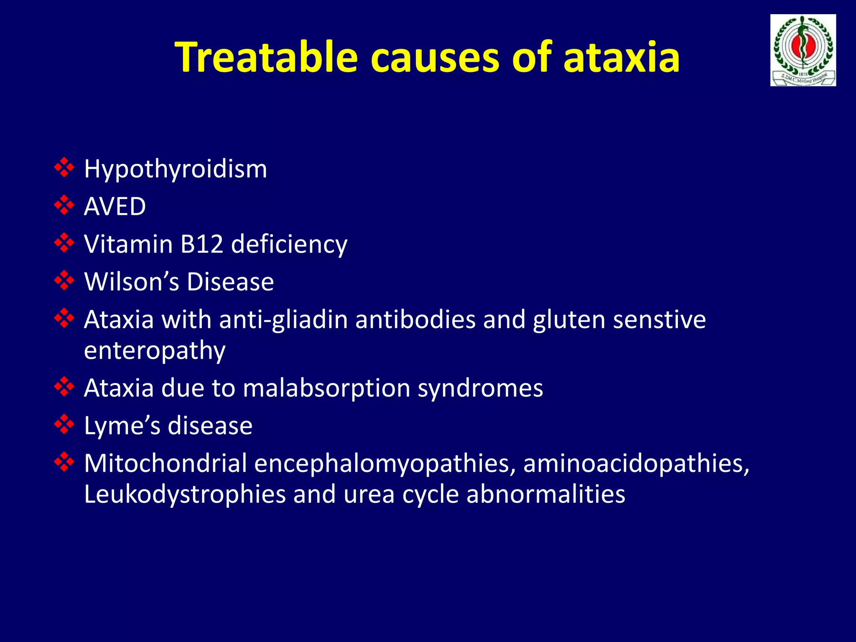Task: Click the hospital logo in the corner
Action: (x=803, y=50)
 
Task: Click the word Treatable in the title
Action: (x=266, y=57)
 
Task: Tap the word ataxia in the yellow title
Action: (x=621, y=57)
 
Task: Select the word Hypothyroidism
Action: (x=176, y=169)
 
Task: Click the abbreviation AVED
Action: (x=115, y=206)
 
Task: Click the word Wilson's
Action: (x=132, y=282)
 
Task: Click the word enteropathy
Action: (x=155, y=350)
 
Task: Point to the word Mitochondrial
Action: (x=166, y=464)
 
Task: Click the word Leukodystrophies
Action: (x=184, y=494)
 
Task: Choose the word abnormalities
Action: (x=545, y=494)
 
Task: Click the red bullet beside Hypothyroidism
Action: (x=64, y=168)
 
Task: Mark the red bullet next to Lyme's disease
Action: (x=64, y=425)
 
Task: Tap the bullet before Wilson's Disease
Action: (x=64, y=280)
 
